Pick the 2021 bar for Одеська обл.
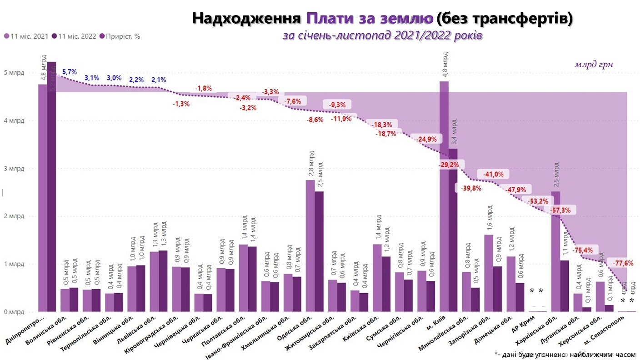pos(310,245)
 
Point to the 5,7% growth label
pos(70,72)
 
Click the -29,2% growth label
pos(449,165)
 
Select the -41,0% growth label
pos(493,174)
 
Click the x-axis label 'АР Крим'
pos(531,325)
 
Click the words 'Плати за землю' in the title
pos(369,19)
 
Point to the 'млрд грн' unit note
pos(594,65)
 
